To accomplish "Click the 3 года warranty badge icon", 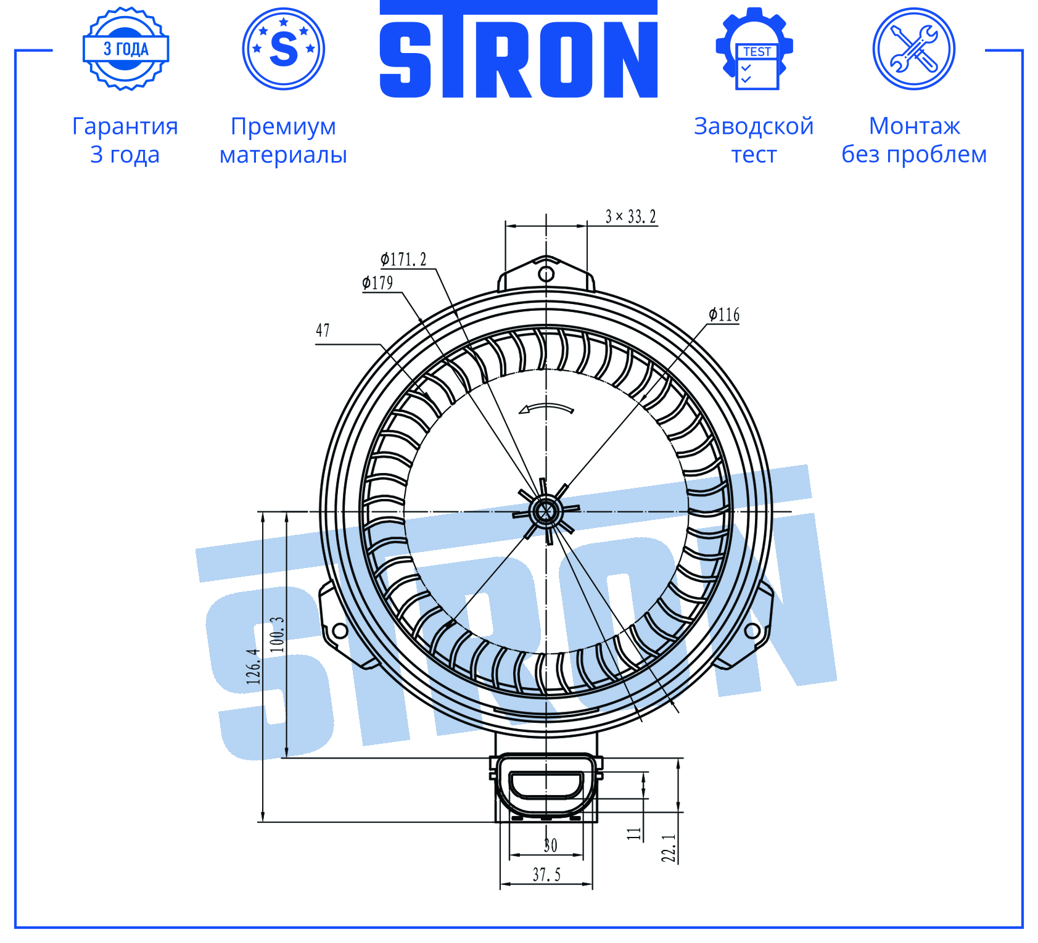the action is (126, 49).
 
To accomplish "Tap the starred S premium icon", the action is (284, 49).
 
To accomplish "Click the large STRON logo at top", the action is (519, 49).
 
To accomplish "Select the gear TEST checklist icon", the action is (754, 49).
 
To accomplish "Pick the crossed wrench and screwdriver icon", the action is (914, 49).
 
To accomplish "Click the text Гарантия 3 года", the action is (125, 140).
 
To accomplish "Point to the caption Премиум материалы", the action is (284, 140).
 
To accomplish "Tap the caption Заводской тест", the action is (754, 140).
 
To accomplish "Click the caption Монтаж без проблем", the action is (914, 140).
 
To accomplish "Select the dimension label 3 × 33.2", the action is (630, 216).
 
